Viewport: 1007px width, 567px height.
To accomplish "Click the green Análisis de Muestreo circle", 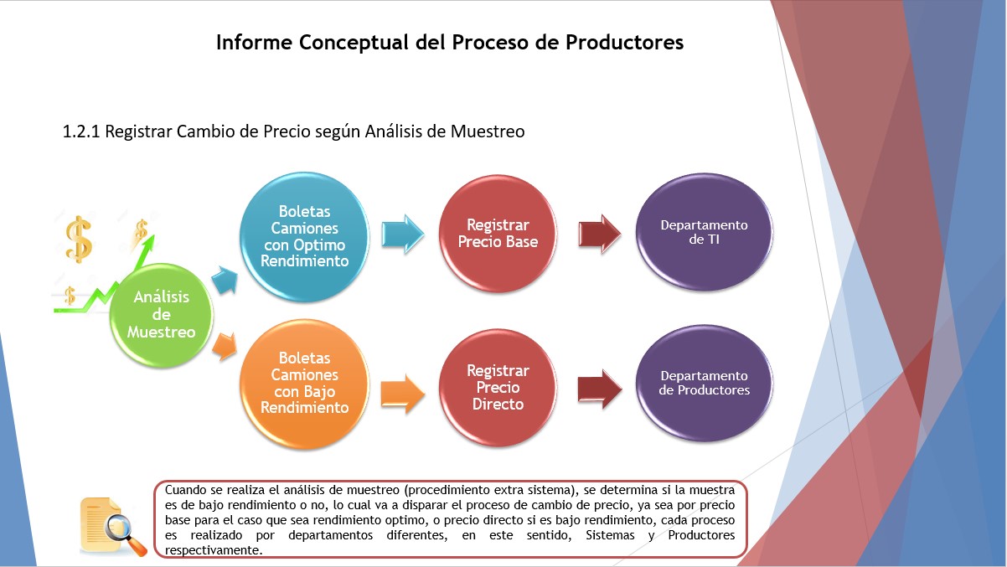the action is click(x=162, y=315).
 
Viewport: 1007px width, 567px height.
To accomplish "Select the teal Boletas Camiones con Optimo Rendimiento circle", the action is click(x=304, y=237).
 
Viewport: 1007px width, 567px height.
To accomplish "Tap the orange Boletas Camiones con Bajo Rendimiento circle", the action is click(x=304, y=384).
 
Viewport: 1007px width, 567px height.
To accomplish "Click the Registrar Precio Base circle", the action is click(x=498, y=234).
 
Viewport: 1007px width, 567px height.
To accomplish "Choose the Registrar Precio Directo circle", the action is click(x=498, y=387).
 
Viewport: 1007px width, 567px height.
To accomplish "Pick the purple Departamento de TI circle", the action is click(x=704, y=232).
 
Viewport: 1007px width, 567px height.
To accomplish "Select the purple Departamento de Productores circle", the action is click(x=704, y=383).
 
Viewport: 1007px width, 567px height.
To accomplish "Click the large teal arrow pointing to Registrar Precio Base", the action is click(x=403, y=234).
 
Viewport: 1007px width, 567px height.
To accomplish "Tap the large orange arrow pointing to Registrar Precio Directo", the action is click(x=403, y=394).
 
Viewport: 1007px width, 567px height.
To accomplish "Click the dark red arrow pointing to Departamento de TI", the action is click(x=600, y=234).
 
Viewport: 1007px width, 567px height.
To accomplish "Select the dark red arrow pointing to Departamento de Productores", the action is click(x=600, y=389).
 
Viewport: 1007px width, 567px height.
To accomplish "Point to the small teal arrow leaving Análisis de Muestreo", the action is click(x=225, y=280).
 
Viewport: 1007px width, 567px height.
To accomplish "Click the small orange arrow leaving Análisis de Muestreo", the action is click(x=225, y=347).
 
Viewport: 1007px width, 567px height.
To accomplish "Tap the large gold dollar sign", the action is click(x=79, y=239).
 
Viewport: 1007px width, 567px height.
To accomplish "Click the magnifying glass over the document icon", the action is click(x=125, y=534).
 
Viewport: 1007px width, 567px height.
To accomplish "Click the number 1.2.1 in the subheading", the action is click(x=81, y=131).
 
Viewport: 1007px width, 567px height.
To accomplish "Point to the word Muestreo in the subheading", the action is click(x=488, y=131).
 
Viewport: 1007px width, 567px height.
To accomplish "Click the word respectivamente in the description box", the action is click(x=212, y=550).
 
